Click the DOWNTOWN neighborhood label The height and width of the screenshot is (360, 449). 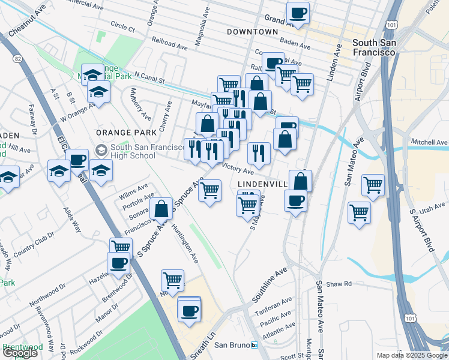click(x=252, y=31)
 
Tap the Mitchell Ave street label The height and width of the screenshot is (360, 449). click(x=429, y=142)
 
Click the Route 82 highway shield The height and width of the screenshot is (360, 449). click(x=16, y=59)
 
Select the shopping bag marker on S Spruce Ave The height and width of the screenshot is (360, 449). click(x=161, y=209)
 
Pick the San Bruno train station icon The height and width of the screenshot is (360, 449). click(x=254, y=345)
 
